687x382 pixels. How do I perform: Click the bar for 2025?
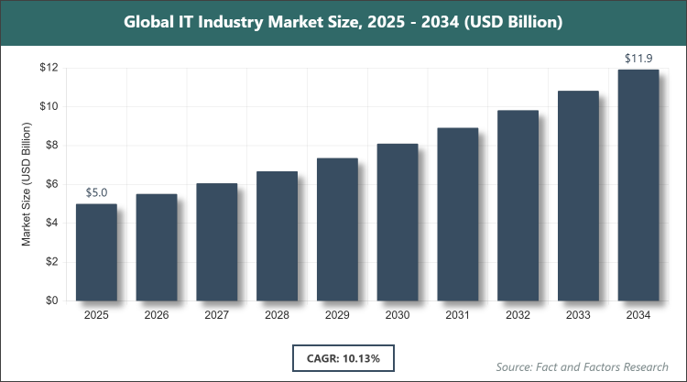coord(96,252)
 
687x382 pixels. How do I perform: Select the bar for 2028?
coord(277,235)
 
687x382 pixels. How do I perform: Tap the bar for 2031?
coord(458,214)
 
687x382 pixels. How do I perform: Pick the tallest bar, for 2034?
coord(638,185)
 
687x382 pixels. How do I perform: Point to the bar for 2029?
coord(337,229)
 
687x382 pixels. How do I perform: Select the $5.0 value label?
coord(96,193)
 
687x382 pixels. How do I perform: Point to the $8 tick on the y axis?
coord(52,145)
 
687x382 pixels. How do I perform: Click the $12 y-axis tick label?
coord(49,68)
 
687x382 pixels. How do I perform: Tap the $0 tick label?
coord(52,300)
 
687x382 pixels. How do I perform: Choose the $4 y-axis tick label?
coord(52,223)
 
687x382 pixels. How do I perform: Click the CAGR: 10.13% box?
coord(343,356)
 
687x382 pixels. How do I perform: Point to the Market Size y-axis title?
coord(27,184)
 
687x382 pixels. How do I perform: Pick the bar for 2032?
coord(518,205)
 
